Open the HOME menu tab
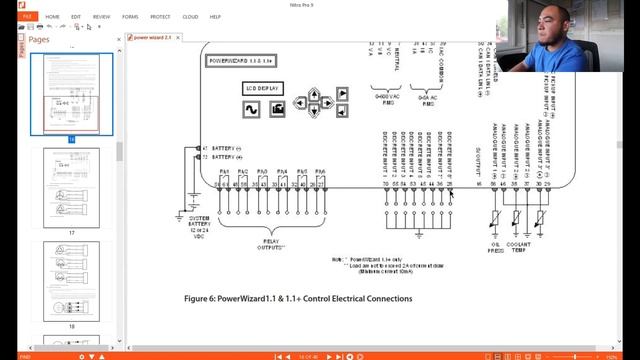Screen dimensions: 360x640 pyautogui.click(x=51, y=17)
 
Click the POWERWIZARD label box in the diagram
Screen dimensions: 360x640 pyautogui.click(x=241, y=61)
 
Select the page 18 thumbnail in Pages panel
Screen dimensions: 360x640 pyautogui.click(x=71, y=280)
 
